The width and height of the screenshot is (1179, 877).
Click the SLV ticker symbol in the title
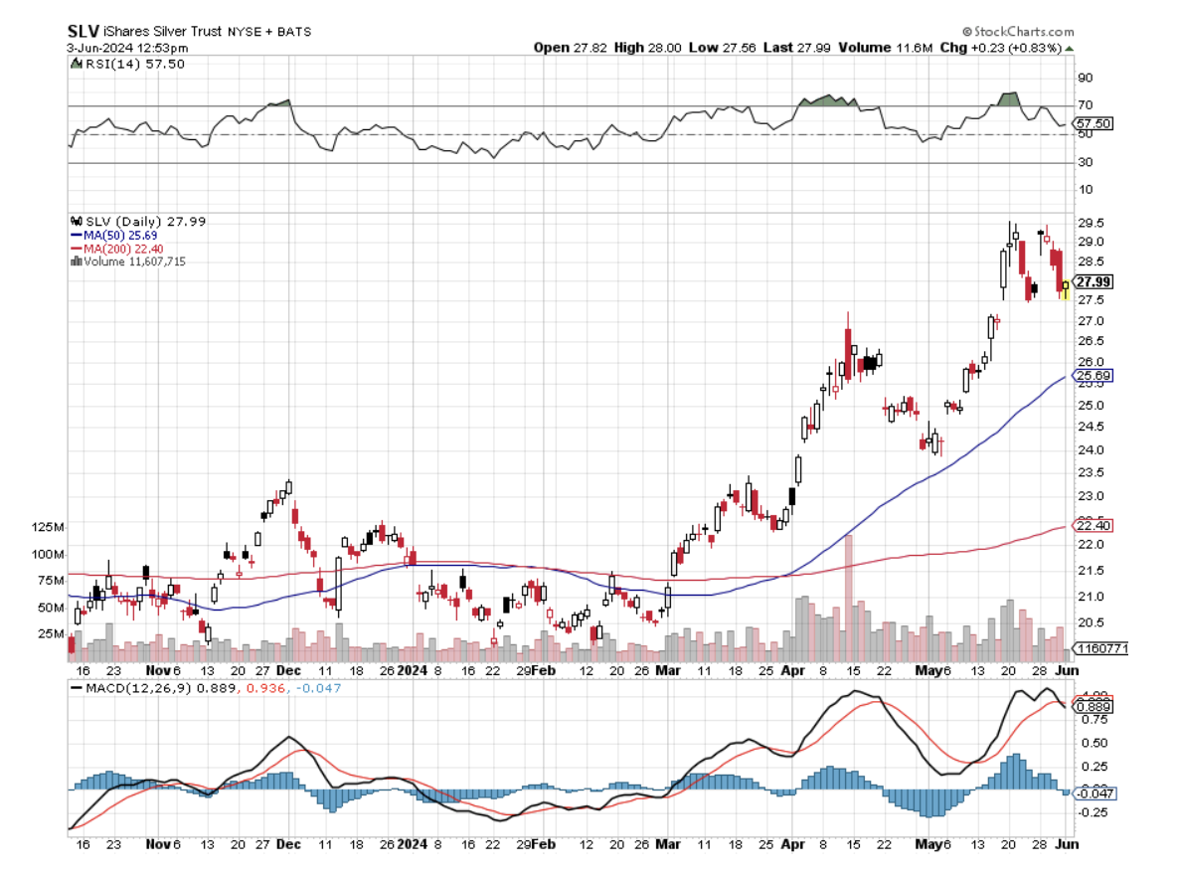pyautogui.click(x=83, y=31)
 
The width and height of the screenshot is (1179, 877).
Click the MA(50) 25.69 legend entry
pyautogui.click(x=121, y=235)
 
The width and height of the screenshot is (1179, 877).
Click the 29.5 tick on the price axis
pyautogui.click(x=1092, y=223)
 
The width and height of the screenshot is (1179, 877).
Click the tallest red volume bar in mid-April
pyautogui.click(x=849, y=597)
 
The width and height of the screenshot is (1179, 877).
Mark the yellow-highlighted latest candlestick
pyautogui.click(x=1066, y=289)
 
